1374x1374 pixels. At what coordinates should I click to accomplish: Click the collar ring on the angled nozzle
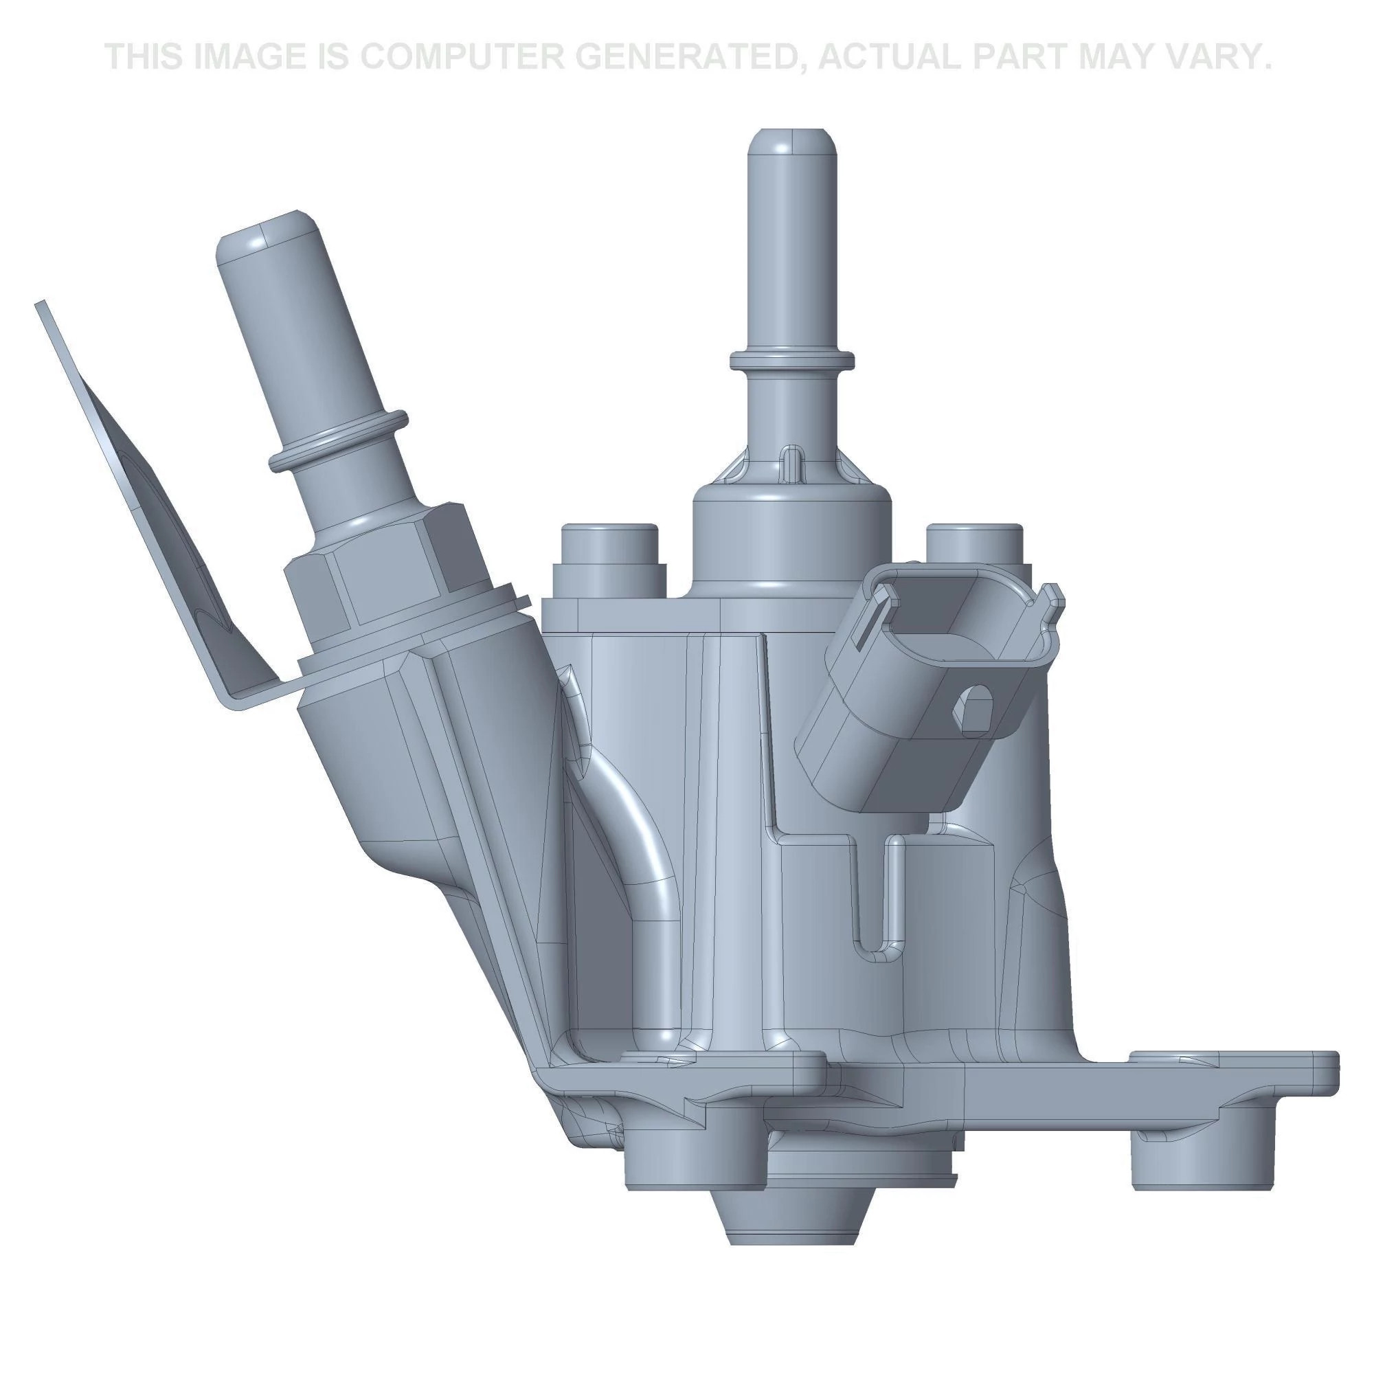pos(338,440)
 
